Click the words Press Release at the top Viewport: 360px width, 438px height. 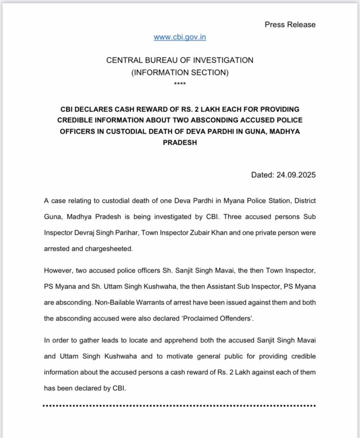pyautogui.click(x=290, y=24)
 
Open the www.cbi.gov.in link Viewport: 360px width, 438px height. pyautogui.click(x=180, y=37)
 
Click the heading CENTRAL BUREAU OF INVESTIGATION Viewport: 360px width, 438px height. pyautogui.click(x=180, y=60)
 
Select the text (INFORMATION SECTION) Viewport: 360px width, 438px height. pyautogui.click(x=180, y=73)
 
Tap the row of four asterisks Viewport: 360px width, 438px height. pyautogui.click(x=180, y=84)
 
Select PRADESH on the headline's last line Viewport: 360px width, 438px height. pyautogui.click(x=180, y=143)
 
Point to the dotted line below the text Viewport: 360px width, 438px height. pyautogui.click(x=180, y=405)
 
